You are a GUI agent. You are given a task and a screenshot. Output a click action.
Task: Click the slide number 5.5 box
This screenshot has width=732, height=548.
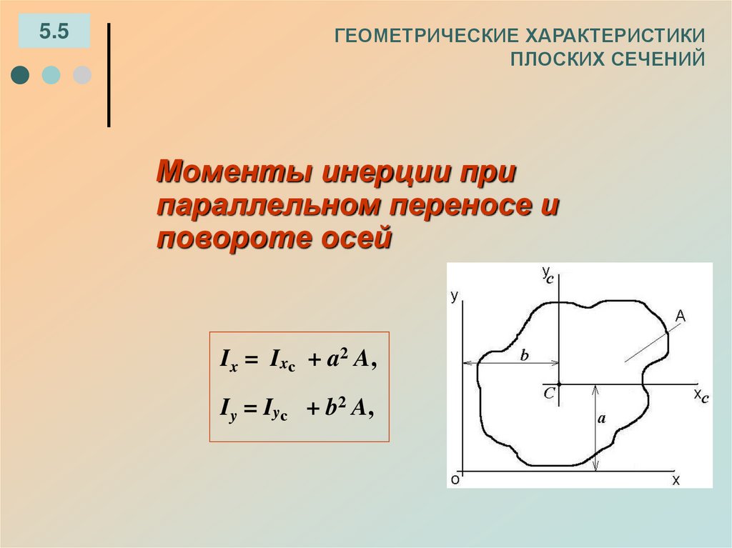tap(54, 31)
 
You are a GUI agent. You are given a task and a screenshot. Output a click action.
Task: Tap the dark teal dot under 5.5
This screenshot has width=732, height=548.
tap(20, 75)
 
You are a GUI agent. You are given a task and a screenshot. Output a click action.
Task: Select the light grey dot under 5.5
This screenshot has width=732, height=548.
tap(82, 75)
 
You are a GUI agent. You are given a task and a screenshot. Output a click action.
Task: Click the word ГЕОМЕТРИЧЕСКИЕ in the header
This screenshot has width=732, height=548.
tap(427, 36)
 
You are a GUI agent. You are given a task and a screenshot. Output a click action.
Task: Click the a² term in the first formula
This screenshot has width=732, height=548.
tap(336, 360)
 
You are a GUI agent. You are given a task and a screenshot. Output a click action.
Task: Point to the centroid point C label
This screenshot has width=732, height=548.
tap(548, 392)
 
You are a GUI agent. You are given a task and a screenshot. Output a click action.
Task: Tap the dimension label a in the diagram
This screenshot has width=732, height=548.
tap(601, 419)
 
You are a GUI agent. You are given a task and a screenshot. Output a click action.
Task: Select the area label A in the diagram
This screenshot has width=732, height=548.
tap(681, 316)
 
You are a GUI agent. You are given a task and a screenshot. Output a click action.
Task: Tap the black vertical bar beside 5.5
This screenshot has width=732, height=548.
tap(109, 75)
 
